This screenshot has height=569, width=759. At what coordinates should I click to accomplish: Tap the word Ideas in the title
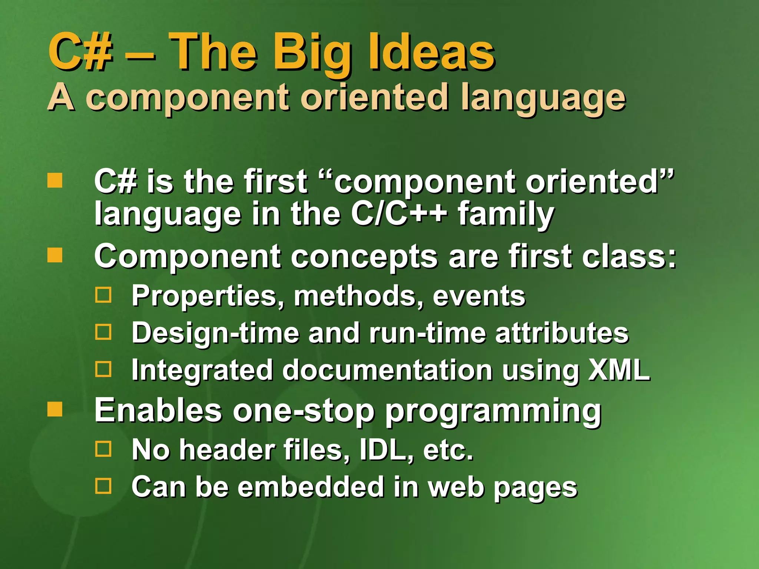[x=431, y=52]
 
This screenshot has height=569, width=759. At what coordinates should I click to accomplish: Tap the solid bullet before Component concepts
[x=55, y=255]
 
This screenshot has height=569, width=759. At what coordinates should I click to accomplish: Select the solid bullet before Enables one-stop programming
[x=55, y=409]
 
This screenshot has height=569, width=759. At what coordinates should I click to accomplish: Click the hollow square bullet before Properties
[x=103, y=295]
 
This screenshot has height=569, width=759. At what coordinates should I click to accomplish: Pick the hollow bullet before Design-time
[x=103, y=332]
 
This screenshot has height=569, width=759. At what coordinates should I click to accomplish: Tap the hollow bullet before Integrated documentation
[x=103, y=369]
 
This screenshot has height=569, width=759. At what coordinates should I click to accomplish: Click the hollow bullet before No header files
[x=103, y=449]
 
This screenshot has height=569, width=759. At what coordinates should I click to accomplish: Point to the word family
[x=506, y=215]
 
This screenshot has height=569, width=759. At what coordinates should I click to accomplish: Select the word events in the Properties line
[x=479, y=296]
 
